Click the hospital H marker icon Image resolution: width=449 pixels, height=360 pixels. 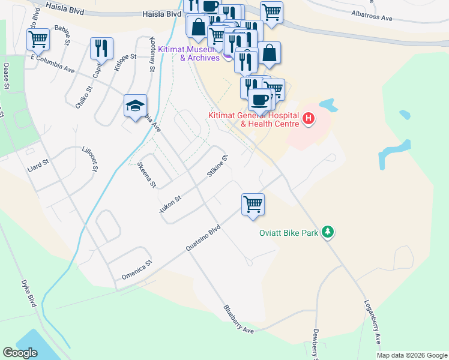[x=309, y=118]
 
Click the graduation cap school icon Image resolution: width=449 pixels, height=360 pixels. [x=135, y=106]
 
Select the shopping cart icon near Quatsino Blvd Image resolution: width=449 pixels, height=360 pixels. [x=253, y=204]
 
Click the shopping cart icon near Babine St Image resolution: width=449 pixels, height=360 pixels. [x=38, y=39]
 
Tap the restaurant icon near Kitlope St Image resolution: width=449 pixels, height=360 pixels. [x=101, y=48]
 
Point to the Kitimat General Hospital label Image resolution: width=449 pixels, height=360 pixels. [x=253, y=119]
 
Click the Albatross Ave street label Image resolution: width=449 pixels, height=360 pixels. [x=372, y=18]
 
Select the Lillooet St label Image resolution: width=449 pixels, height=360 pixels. [x=89, y=158]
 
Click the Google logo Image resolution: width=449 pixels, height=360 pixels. [x=20, y=353]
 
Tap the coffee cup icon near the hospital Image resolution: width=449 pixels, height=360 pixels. [x=259, y=99]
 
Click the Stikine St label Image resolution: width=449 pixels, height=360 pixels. [x=217, y=167]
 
